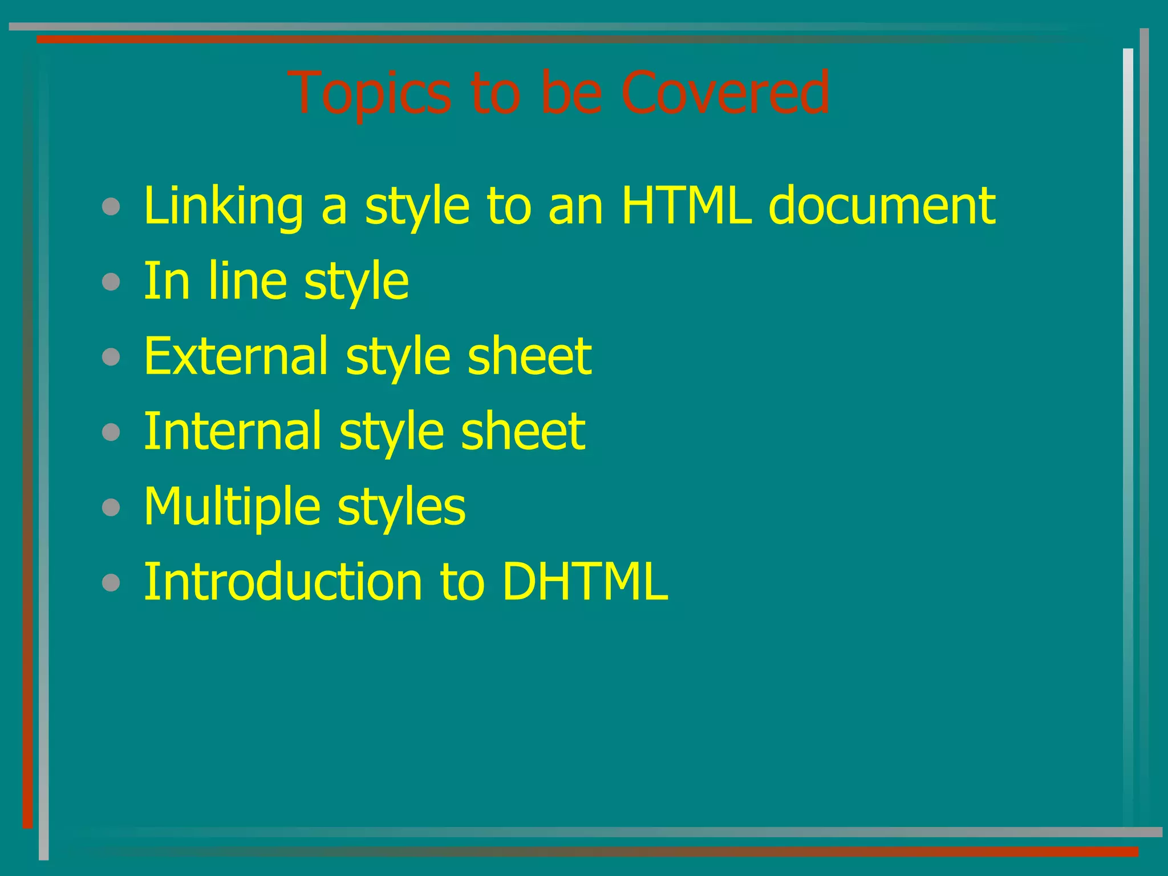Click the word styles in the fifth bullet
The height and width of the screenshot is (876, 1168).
coord(401,507)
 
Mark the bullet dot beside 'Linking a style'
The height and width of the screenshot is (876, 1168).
coord(111,206)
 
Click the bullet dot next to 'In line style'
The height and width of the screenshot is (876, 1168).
coord(111,282)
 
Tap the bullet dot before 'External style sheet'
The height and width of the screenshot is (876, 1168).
coord(111,357)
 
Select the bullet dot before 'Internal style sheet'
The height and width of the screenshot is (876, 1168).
coord(111,432)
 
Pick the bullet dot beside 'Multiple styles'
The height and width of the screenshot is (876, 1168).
coord(111,508)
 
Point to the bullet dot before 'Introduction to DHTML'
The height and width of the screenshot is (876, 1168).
coord(111,583)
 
